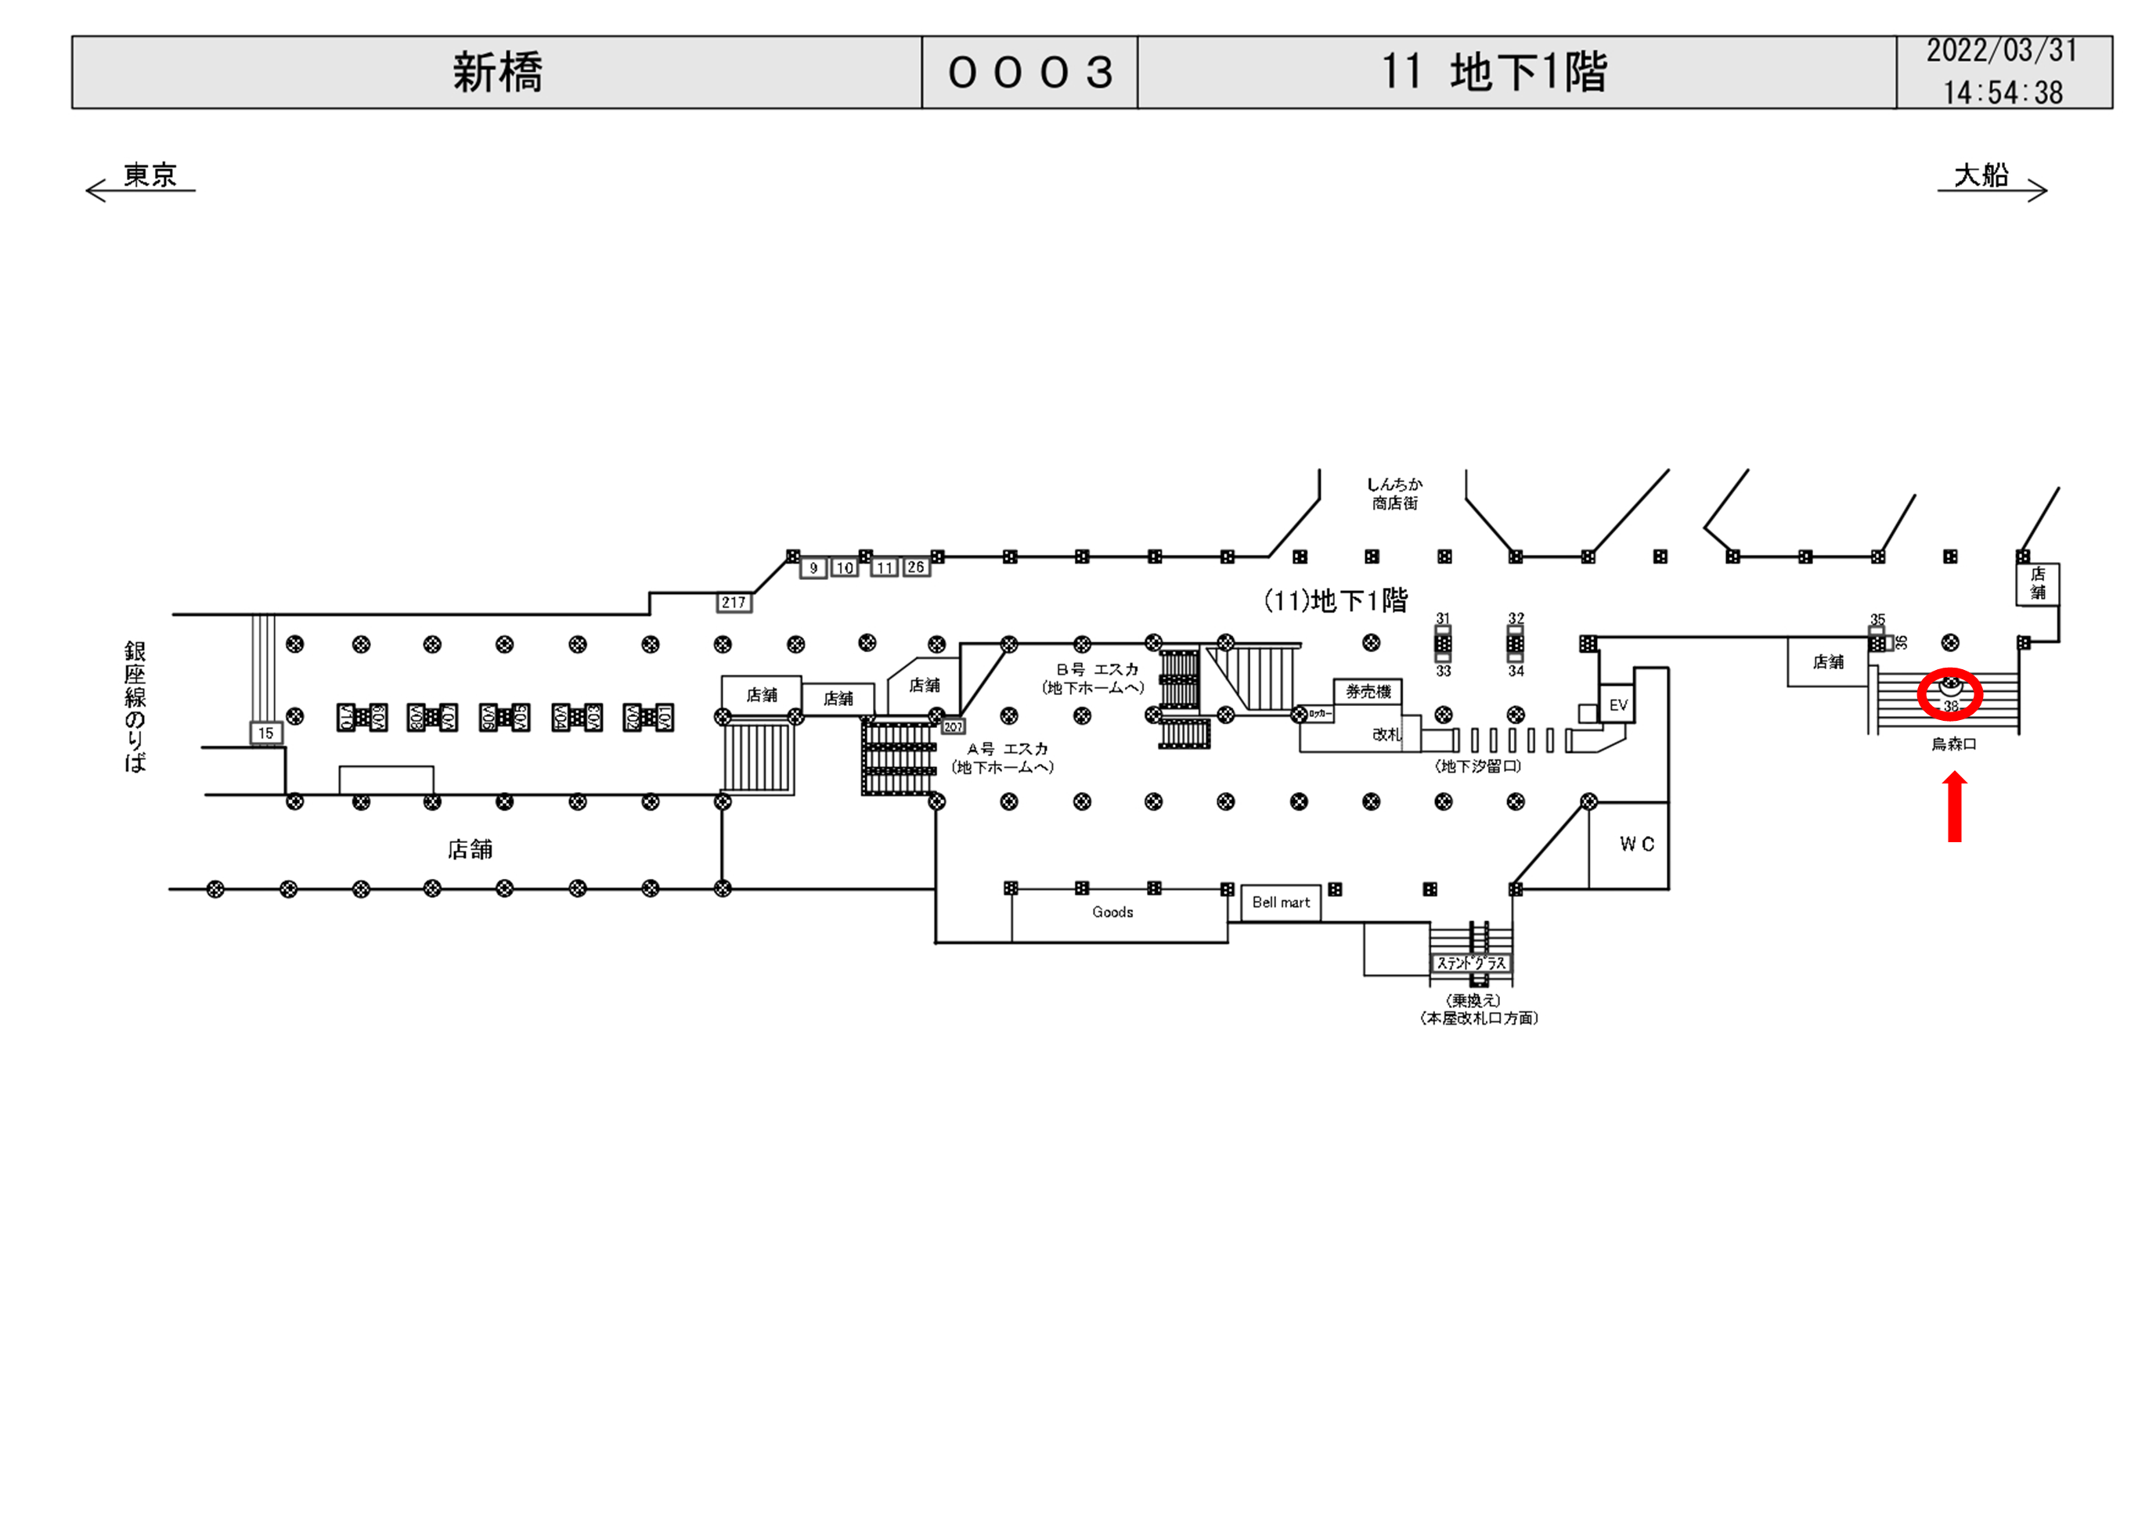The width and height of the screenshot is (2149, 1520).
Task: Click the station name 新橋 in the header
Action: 497,72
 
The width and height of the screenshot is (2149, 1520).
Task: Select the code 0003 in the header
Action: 1029,72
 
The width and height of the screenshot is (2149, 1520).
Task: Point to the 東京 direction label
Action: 150,175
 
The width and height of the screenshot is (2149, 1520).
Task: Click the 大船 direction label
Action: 1981,175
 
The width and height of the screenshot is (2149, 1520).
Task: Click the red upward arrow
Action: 1954,806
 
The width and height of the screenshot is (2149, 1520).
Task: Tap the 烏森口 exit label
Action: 1953,744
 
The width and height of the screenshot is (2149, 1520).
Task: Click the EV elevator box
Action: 1618,704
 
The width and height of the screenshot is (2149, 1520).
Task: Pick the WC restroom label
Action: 1636,845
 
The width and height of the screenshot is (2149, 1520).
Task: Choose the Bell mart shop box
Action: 1281,902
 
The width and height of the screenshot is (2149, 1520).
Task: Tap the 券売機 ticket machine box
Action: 1368,692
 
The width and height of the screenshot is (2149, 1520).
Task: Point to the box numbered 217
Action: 734,603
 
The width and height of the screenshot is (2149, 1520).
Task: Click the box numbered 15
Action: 266,733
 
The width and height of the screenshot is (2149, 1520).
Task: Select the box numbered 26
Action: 915,567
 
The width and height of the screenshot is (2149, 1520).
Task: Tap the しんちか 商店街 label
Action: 1394,493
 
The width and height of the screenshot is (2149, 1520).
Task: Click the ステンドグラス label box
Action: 1471,963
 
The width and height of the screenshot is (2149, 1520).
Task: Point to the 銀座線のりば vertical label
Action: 135,707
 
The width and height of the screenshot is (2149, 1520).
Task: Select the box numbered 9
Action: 813,568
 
